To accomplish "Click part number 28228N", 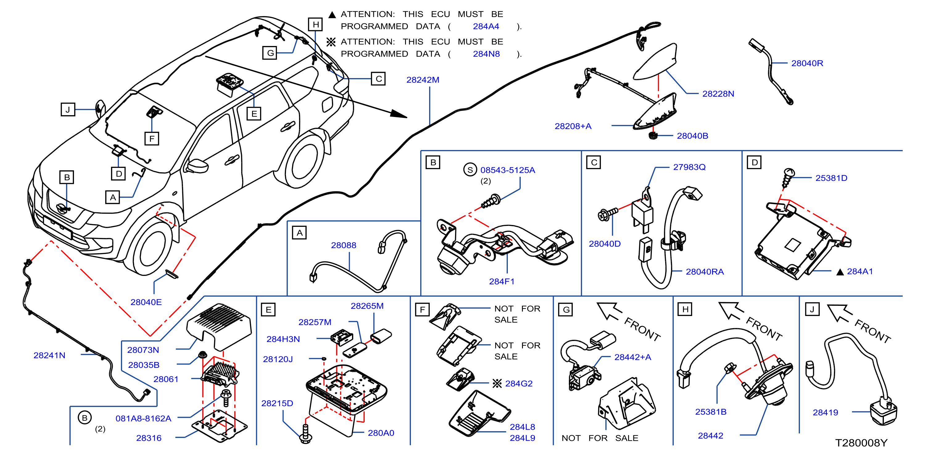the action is tap(718, 94).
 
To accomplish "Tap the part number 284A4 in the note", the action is tap(486, 26).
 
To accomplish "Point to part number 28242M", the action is tap(423, 80).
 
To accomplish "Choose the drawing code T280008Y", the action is tap(861, 443).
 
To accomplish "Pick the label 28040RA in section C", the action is tap(704, 271).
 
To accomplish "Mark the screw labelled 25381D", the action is tap(788, 178).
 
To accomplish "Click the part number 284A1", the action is tap(860, 271).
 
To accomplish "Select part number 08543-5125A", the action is tap(507, 170).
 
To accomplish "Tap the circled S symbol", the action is tap(470, 169).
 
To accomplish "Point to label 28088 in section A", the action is tap(343, 245).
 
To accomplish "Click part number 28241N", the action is tap(49, 355).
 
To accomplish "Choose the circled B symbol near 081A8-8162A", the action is tap(85, 417).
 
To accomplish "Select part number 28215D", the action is tap(277, 403).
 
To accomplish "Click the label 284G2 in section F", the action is tap(518, 383).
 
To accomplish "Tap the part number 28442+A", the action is tap(632, 357).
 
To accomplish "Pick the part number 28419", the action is tap(825, 412).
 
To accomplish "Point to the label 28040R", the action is tap(807, 63).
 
